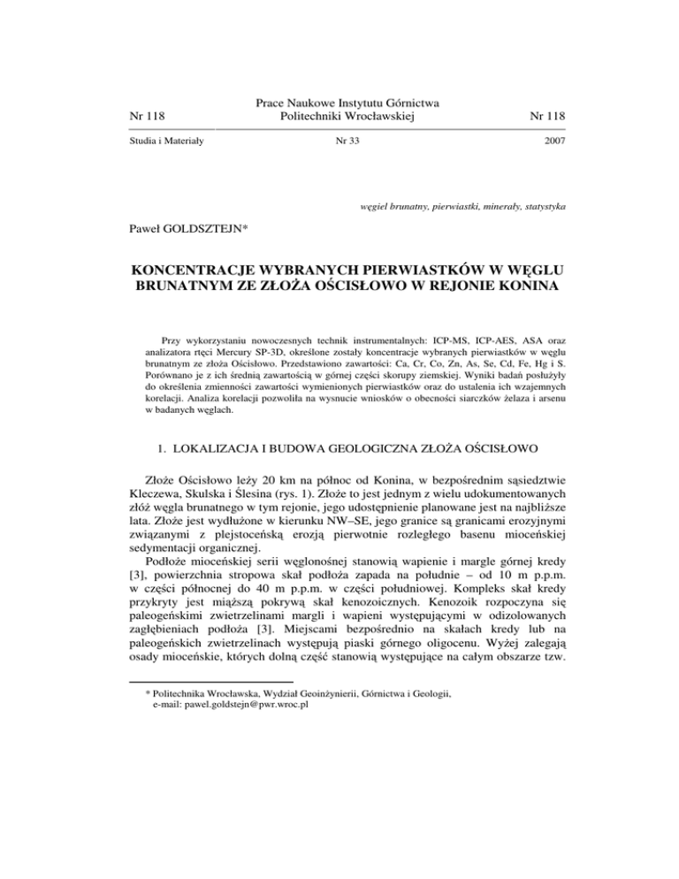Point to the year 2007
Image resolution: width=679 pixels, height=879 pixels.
tap(553, 141)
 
